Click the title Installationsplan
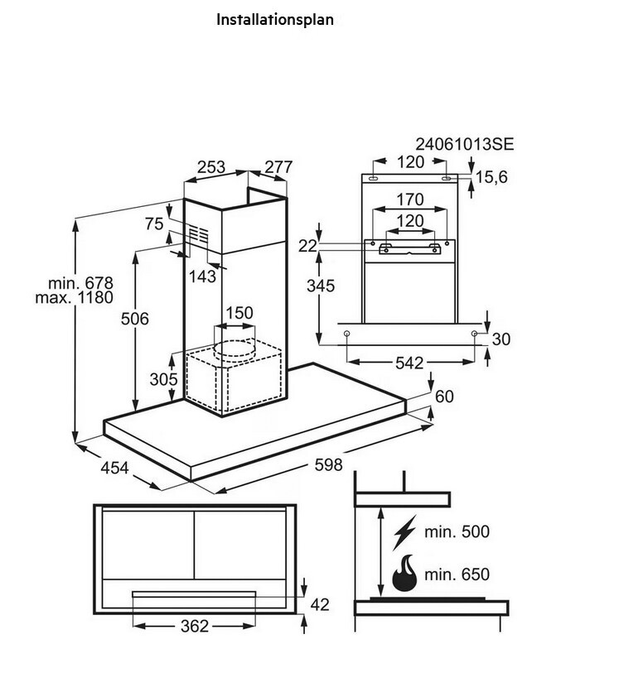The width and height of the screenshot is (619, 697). coord(275,19)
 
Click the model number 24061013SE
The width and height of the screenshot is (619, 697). coord(465,144)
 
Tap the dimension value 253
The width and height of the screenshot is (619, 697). coord(211,167)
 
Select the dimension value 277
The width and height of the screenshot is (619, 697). coord(278,167)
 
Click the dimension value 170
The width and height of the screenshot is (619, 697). coord(409,199)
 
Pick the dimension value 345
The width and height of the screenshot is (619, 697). coord(320,286)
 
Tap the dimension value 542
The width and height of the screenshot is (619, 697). coord(409,363)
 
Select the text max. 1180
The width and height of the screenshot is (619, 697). coord(74,297)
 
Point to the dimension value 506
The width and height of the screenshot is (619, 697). coord(134,319)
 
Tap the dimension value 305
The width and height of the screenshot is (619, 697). coord(164,379)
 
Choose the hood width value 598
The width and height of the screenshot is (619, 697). coord(328,465)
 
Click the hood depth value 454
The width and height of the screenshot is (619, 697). coord(115,468)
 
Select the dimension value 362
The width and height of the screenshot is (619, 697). coord(195,627)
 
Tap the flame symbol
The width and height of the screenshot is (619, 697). coord(404,574)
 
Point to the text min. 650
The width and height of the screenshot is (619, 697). coord(457,574)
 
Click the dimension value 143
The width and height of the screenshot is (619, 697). coord(202,277)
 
